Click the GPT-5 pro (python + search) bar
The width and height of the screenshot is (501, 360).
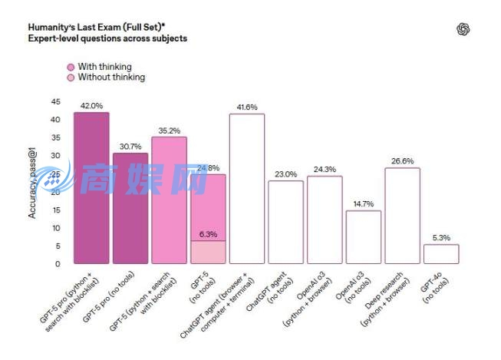91,188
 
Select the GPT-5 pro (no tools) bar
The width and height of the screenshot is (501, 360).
130,208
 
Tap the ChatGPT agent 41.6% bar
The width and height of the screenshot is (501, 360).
247,189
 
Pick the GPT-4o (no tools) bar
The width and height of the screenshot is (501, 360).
441,254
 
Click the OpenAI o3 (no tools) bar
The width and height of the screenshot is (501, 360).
364,237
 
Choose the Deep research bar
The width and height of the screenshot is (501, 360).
402,216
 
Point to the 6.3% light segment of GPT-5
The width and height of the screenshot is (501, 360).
208,253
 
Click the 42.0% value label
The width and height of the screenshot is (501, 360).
91,106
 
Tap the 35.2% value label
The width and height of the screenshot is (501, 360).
169,130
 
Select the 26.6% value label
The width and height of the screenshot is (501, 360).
402,161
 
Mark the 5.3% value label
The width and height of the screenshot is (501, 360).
441,238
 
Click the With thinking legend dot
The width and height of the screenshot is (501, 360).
71,67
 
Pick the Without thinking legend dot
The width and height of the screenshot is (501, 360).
71,78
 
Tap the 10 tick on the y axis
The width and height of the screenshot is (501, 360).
55,228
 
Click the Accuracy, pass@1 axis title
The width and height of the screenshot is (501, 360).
33,184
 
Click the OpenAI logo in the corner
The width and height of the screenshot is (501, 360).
463,29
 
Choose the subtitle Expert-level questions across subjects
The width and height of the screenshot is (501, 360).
107,37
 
